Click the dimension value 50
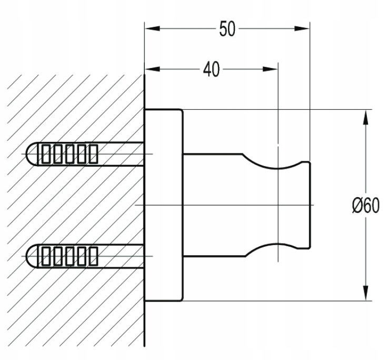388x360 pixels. (227, 29)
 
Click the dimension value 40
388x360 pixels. (211, 69)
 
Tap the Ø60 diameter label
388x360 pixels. (365, 206)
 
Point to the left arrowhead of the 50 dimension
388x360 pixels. (153, 28)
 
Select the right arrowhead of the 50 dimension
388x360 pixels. (302, 28)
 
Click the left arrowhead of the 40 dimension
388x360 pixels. (153, 69)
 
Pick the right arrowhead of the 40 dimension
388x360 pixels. (270, 69)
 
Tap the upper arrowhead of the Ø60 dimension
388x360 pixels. (365, 117)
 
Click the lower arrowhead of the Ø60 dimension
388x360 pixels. (365, 293)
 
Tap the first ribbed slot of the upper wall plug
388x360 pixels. (46, 154)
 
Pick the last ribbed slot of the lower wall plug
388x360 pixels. (94, 256)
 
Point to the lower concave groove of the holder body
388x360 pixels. (272, 248)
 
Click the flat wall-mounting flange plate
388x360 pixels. (164, 205)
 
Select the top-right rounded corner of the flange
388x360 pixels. (182, 111)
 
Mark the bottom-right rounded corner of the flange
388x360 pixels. (182, 299)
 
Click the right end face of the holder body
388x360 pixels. (310, 205)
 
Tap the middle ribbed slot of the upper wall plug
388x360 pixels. (69, 154)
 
